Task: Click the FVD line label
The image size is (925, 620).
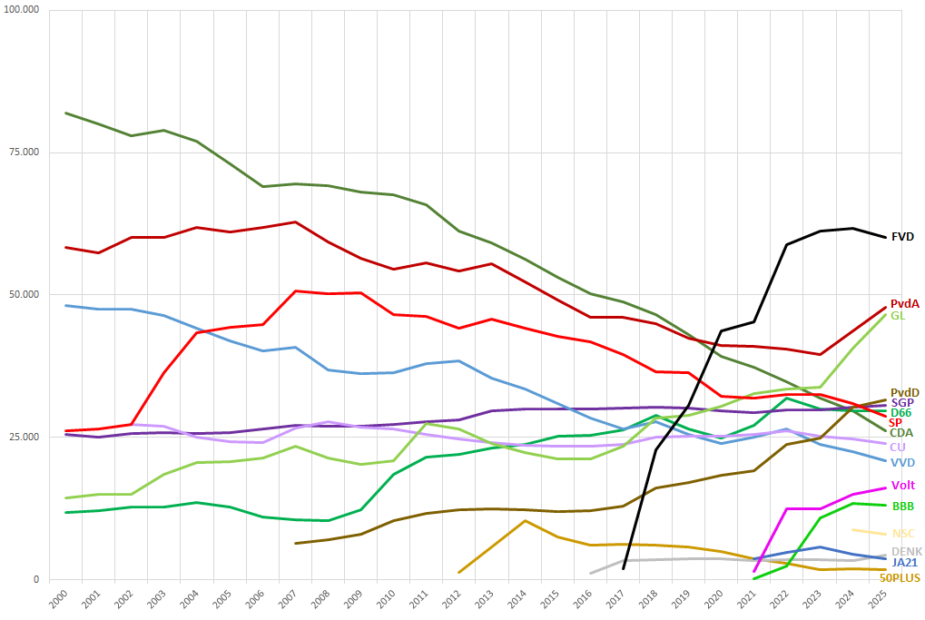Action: [x=902, y=237]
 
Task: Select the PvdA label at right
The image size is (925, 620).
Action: [x=905, y=304]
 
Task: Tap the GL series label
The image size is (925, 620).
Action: [x=897, y=316]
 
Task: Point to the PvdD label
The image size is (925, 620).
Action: [x=905, y=392]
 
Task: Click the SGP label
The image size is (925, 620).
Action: [x=902, y=402]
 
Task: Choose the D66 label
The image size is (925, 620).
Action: [x=901, y=413]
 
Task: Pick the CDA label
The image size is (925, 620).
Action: [x=901, y=433]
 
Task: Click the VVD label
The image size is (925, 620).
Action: [x=902, y=463]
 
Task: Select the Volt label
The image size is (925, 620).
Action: [x=903, y=485]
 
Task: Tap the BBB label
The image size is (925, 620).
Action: [x=902, y=506]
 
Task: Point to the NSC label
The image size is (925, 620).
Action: [x=903, y=534]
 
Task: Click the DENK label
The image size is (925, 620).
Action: [x=906, y=552]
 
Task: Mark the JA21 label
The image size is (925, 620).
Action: [x=905, y=563]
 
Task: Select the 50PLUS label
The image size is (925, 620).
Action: [x=900, y=577]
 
